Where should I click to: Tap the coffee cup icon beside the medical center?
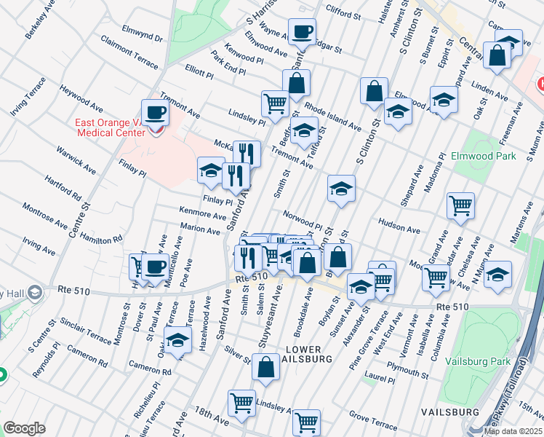155,113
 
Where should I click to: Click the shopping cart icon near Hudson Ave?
460,206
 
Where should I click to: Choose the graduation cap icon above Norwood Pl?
341,189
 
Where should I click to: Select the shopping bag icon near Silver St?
265,367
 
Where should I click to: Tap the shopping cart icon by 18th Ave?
241,403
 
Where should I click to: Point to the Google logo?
24,428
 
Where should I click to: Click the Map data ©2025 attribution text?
513,431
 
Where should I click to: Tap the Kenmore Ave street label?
203,216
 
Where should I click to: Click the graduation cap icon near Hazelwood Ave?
177,341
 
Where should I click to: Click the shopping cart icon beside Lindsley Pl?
274,103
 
